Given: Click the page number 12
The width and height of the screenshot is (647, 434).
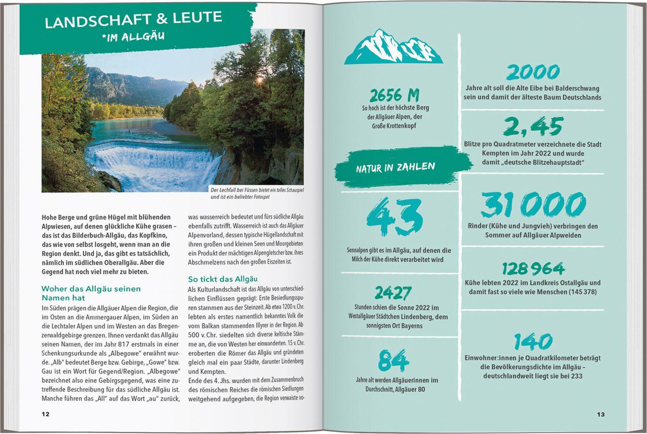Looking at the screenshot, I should click(x=45, y=414).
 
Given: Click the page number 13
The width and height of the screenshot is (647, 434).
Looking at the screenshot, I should click(x=601, y=414).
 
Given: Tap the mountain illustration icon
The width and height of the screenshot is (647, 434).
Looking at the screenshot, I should click(x=393, y=47).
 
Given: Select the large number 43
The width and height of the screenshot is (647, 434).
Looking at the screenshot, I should click(x=394, y=217).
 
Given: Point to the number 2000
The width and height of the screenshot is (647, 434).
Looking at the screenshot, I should click(x=533, y=72).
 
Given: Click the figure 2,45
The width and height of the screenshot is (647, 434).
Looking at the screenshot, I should click(x=533, y=126).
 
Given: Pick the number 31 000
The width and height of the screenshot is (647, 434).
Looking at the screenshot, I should click(x=533, y=205).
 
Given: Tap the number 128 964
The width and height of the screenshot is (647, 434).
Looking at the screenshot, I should click(x=533, y=269).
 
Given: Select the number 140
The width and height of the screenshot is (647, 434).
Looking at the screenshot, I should click(x=533, y=342).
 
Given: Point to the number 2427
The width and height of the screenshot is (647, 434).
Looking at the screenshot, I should click(x=393, y=293).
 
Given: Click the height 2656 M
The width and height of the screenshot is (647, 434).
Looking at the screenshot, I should click(x=394, y=95).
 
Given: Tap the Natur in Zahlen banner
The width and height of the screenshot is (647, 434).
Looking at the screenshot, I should click(x=396, y=167).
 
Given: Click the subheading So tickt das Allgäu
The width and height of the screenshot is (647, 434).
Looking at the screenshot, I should click(x=223, y=279).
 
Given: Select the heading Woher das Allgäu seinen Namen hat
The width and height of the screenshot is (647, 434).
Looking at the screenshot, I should click(x=91, y=293).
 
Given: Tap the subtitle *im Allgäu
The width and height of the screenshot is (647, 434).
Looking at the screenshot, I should click(x=133, y=37).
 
